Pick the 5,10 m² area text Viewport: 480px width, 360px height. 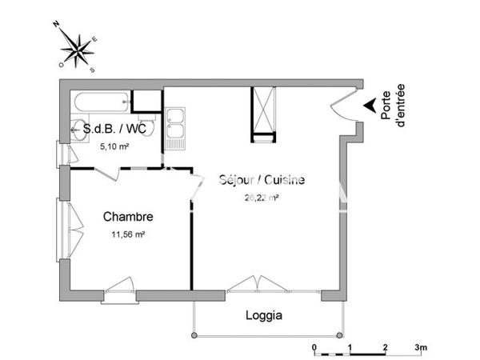[114, 147]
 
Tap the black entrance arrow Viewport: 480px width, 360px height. [368, 105]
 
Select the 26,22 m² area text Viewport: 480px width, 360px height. [261, 198]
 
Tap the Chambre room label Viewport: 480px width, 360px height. [128, 216]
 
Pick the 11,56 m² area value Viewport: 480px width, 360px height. [128, 234]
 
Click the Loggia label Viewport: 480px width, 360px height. [263, 315]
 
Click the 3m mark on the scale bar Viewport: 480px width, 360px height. [421, 346]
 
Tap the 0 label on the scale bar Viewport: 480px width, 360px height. [314, 346]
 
